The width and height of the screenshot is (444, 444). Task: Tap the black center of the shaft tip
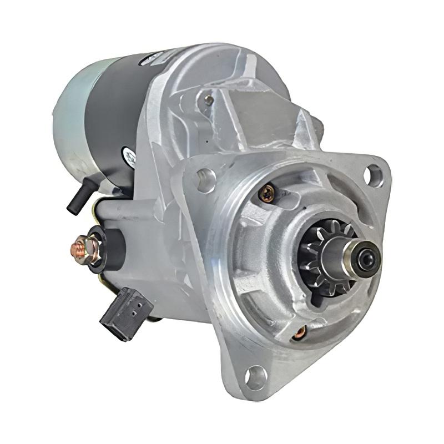pyautogui.click(x=367, y=258)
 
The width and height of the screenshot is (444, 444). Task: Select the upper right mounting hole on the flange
pyautogui.click(x=375, y=176)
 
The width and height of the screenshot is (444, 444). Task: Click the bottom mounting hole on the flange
pyautogui.click(x=256, y=377)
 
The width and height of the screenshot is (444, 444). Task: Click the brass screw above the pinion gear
pyautogui.click(x=267, y=193)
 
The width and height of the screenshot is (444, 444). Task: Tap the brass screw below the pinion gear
pyautogui.click(x=300, y=332)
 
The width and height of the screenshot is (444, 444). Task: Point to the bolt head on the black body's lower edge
pyautogui.click(x=129, y=157)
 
